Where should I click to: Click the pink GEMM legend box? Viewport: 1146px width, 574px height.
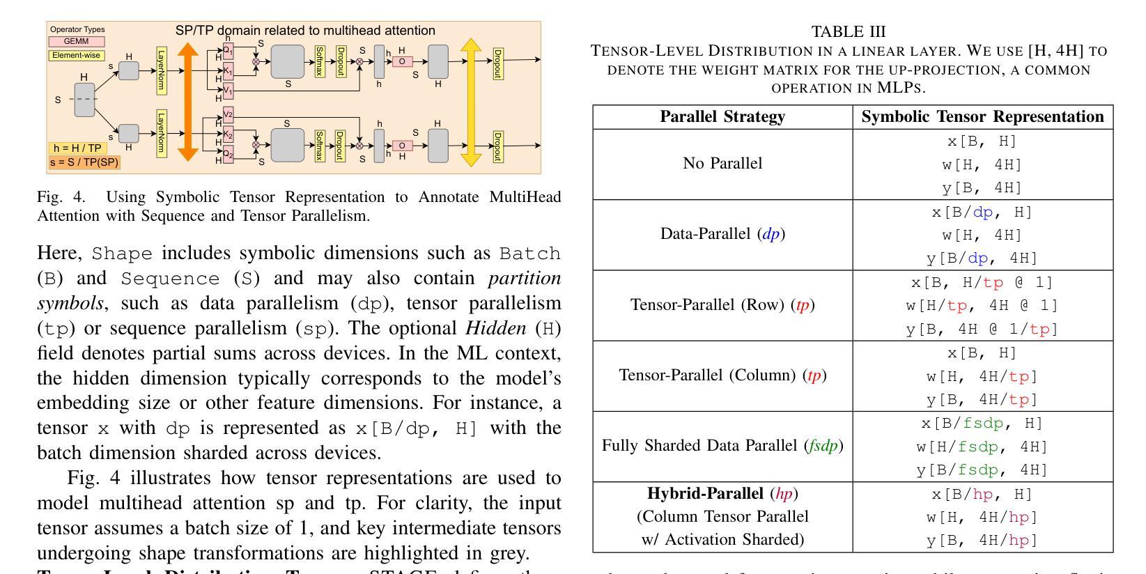[75, 42]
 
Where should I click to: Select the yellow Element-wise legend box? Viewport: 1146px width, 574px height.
[75, 56]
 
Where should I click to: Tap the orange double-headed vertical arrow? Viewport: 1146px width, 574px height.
[188, 102]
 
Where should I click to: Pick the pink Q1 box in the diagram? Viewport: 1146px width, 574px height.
[228, 52]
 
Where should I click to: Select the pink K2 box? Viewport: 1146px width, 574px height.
[228, 134]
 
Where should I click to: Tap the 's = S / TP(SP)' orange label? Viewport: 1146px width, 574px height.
[84, 162]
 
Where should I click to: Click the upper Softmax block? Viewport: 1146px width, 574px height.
[320, 62]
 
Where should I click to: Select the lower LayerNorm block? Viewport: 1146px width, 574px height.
[161, 133]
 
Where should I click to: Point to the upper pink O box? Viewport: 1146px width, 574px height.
[401, 61]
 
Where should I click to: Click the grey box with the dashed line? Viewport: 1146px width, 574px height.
[84, 100]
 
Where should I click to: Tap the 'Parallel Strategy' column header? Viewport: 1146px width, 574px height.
[722, 117]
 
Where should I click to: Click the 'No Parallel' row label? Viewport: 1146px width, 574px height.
[722, 164]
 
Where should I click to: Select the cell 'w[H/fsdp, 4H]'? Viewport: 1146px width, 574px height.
[982, 447]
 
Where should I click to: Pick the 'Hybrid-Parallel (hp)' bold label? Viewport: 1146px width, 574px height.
[722, 494]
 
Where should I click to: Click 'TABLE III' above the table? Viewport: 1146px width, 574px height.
[849, 32]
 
